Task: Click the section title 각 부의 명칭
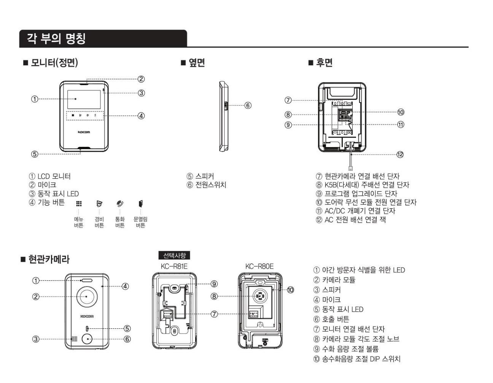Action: pyautogui.click(x=56, y=38)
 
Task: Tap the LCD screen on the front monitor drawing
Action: pyautogui.click(x=84, y=99)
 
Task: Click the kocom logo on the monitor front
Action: pyautogui.click(x=84, y=132)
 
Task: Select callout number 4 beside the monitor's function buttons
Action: pyautogui.click(x=141, y=116)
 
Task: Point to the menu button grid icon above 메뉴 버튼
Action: pyautogui.click(x=79, y=204)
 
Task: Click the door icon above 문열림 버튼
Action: pyautogui.click(x=140, y=203)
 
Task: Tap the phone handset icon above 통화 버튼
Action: pyautogui.click(x=120, y=204)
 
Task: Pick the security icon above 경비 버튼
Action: pyautogui.click(x=99, y=204)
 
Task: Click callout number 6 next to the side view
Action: pyautogui.click(x=248, y=105)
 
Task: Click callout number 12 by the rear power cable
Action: pyautogui.click(x=400, y=154)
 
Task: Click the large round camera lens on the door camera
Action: pyautogui.click(x=86, y=296)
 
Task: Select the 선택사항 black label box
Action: pyautogui.click(x=174, y=256)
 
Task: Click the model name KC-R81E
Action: pyautogui.click(x=174, y=266)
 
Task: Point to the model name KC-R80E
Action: pyautogui.click(x=259, y=266)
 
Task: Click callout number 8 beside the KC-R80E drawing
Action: pyautogui.click(x=214, y=296)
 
